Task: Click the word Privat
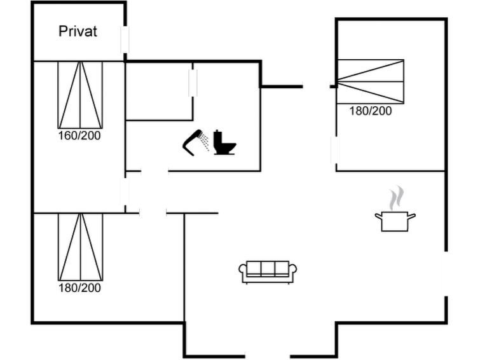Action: (x=78, y=31)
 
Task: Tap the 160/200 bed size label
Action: (x=79, y=135)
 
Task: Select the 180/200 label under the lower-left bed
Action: (x=79, y=287)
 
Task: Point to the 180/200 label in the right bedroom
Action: (x=371, y=111)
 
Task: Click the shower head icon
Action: (x=191, y=142)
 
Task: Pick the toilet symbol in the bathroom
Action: (x=224, y=142)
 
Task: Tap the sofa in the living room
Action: (x=268, y=272)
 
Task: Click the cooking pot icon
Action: (x=395, y=221)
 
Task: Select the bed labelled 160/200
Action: (x=80, y=95)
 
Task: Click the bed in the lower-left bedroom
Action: (x=81, y=247)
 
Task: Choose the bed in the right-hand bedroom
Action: (x=371, y=81)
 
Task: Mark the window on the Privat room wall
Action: (x=125, y=39)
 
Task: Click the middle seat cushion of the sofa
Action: (x=268, y=269)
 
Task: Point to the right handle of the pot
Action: (x=412, y=216)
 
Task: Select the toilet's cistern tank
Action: (x=217, y=136)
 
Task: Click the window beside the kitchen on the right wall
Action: (x=446, y=273)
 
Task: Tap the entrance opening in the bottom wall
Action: (x=267, y=356)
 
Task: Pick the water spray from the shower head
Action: (x=204, y=142)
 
